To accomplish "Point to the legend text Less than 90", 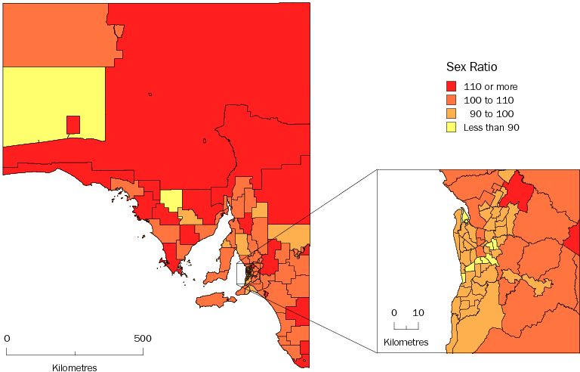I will point(491,127).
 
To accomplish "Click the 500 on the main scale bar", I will point(143,338).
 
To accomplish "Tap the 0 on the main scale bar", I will point(7,338).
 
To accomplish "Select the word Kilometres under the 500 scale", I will point(75,367).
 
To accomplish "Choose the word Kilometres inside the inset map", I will point(406,343).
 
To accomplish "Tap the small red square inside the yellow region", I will point(73,124).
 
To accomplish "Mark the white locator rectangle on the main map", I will point(242,274).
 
